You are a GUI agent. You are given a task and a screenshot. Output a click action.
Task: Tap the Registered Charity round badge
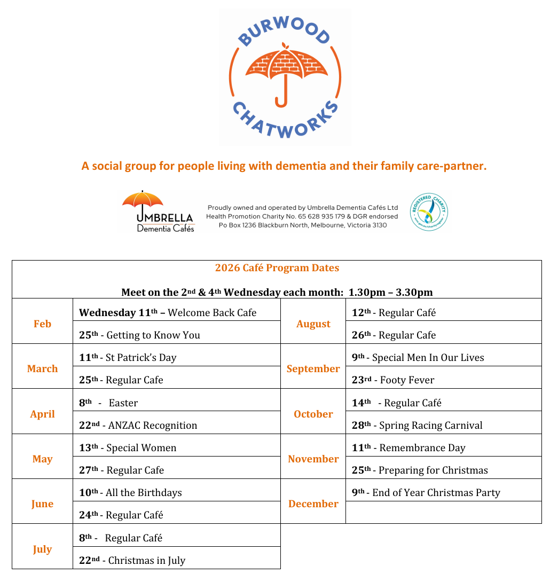click(428, 211)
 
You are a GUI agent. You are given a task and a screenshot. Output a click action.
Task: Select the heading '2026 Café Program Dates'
click(277, 268)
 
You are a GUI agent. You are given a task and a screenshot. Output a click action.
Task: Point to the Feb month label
click(42, 324)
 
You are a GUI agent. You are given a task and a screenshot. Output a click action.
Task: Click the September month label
click(313, 369)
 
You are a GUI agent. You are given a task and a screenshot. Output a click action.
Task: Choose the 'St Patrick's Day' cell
click(141, 358)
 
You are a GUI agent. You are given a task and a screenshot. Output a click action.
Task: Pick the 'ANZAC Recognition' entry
click(152, 426)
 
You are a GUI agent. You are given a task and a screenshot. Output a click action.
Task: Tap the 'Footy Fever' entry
click(407, 380)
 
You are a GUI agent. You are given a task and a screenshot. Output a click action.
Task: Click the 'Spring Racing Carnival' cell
click(430, 426)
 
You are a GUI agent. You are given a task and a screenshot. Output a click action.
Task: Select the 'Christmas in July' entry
click(147, 561)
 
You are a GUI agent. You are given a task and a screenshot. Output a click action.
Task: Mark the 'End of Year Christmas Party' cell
click(436, 493)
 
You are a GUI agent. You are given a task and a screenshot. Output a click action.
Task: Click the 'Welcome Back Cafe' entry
click(212, 313)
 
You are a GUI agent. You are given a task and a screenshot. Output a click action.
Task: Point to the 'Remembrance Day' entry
click(422, 448)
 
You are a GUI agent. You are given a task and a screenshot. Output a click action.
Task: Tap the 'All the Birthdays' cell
click(144, 493)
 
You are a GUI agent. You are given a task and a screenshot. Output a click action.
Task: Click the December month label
click(313, 504)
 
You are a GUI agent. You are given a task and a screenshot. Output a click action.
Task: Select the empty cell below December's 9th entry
click(443, 513)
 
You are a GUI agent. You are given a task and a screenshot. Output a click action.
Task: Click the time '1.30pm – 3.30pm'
click(390, 293)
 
